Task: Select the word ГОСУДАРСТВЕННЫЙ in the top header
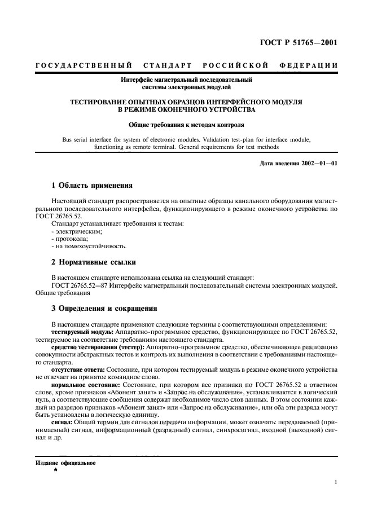click(84, 66)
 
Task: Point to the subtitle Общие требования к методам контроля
click(186, 124)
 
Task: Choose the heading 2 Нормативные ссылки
click(94, 262)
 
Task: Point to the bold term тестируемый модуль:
click(82, 333)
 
